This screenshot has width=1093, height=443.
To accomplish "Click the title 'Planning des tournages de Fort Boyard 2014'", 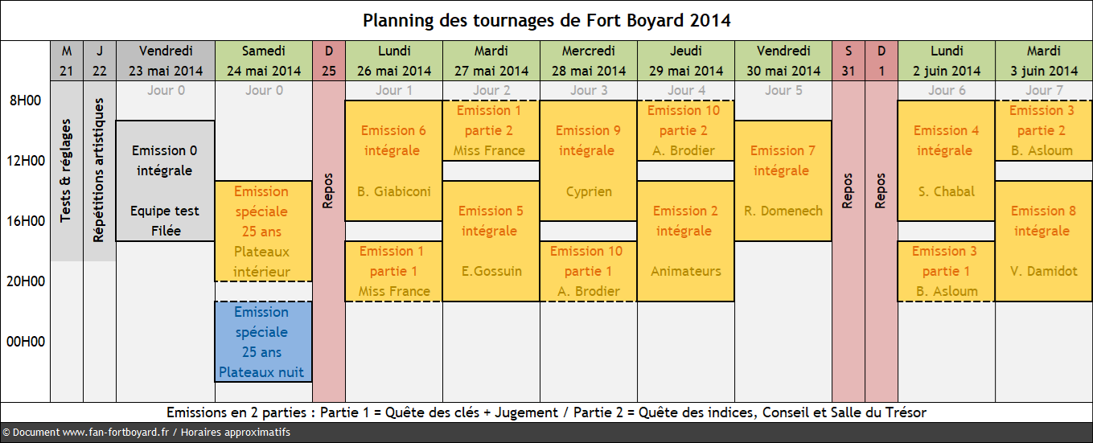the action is (x=547, y=20).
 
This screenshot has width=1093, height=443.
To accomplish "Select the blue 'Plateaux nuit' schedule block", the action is (x=264, y=342).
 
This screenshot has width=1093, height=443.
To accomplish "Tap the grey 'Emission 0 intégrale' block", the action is (x=166, y=181).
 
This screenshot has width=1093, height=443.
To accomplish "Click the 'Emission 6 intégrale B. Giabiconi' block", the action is (x=394, y=161).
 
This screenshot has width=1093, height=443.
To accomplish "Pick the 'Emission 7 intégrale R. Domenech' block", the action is (x=783, y=181).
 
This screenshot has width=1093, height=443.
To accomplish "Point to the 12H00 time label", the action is (x=26, y=161).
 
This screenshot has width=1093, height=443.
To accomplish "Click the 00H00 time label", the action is (x=26, y=342).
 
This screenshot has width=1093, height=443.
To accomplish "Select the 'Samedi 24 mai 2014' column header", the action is (x=264, y=61).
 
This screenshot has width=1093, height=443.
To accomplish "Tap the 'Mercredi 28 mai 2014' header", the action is (x=589, y=61).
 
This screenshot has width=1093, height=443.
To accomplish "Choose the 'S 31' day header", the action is (x=848, y=61).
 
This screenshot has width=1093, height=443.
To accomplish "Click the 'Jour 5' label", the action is (x=783, y=90).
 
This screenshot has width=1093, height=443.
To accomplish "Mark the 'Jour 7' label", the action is (x=1044, y=90).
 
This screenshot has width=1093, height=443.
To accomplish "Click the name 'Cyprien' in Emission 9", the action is (x=589, y=191).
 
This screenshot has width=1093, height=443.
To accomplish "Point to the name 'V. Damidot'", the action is (x=1043, y=271).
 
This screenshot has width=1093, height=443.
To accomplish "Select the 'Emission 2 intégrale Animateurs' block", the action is (x=685, y=241).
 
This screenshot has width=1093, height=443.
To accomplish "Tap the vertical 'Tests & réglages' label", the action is (x=66, y=170).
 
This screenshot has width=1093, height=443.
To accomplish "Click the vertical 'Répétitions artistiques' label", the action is (x=99, y=170).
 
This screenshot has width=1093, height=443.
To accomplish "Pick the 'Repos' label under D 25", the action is (x=328, y=191).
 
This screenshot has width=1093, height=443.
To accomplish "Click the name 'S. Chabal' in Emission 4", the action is (x=946, y=191).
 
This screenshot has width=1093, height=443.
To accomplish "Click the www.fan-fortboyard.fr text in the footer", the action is (x=115, y=433).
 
